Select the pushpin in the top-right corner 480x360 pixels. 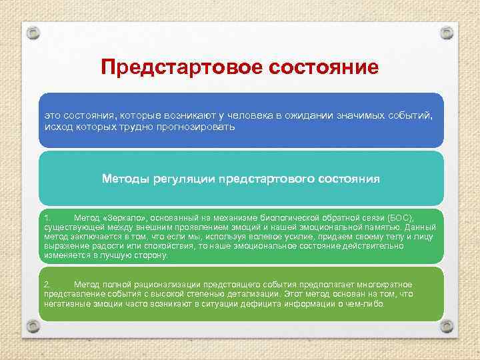(447, 33)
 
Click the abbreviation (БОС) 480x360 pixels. (400, 218)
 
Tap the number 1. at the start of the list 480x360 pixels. (47, 218)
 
